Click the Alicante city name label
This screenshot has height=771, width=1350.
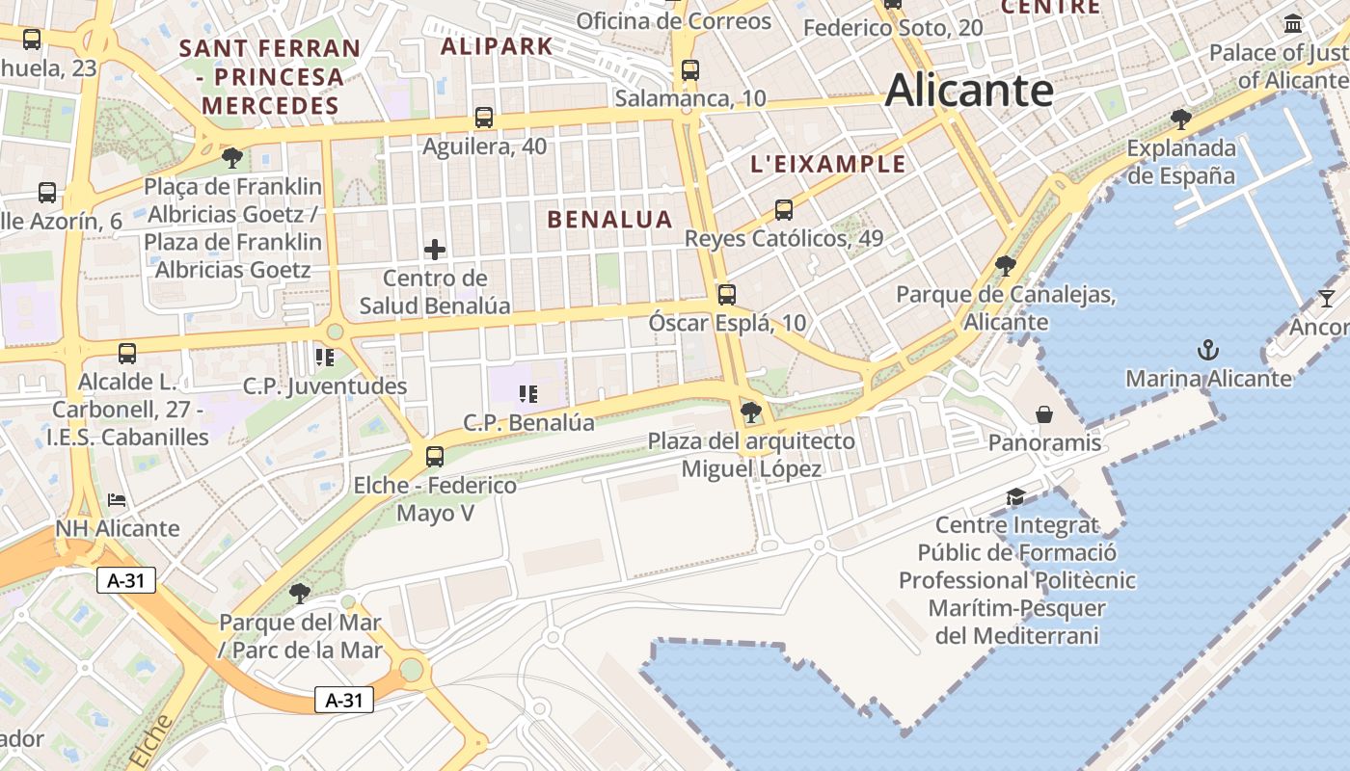pos(968,91)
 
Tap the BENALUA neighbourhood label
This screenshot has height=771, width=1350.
pos(609,219)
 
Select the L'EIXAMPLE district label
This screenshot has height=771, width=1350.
pos(828,164)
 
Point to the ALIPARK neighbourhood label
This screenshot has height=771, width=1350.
pos(497,45)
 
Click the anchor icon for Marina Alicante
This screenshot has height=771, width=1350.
pos(1206,349)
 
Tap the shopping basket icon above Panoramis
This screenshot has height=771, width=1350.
pos(1044,414)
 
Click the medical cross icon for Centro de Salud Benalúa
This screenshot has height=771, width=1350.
pos(435,250)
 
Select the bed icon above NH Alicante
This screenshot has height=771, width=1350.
pos(117,500)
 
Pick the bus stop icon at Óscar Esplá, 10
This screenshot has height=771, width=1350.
pos(726,295)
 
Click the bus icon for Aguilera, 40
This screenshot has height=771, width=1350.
pos(484,118)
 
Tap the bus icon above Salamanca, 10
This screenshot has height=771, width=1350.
pos(689,69)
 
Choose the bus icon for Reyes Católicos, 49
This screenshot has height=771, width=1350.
pos(783,209)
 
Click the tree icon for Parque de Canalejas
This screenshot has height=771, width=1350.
pos(1006,265)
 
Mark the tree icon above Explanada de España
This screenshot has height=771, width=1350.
pos(1180,120)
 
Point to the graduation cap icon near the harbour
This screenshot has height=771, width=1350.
pos(1015,497)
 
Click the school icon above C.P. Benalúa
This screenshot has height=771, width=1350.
pos(527,393)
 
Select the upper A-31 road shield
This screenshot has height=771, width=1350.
pos(126,580)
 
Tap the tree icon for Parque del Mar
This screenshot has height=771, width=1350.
pos(300,592)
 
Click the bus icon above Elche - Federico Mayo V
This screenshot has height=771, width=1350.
pos(435,456)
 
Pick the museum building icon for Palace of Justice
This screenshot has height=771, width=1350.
pos(1292,23)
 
